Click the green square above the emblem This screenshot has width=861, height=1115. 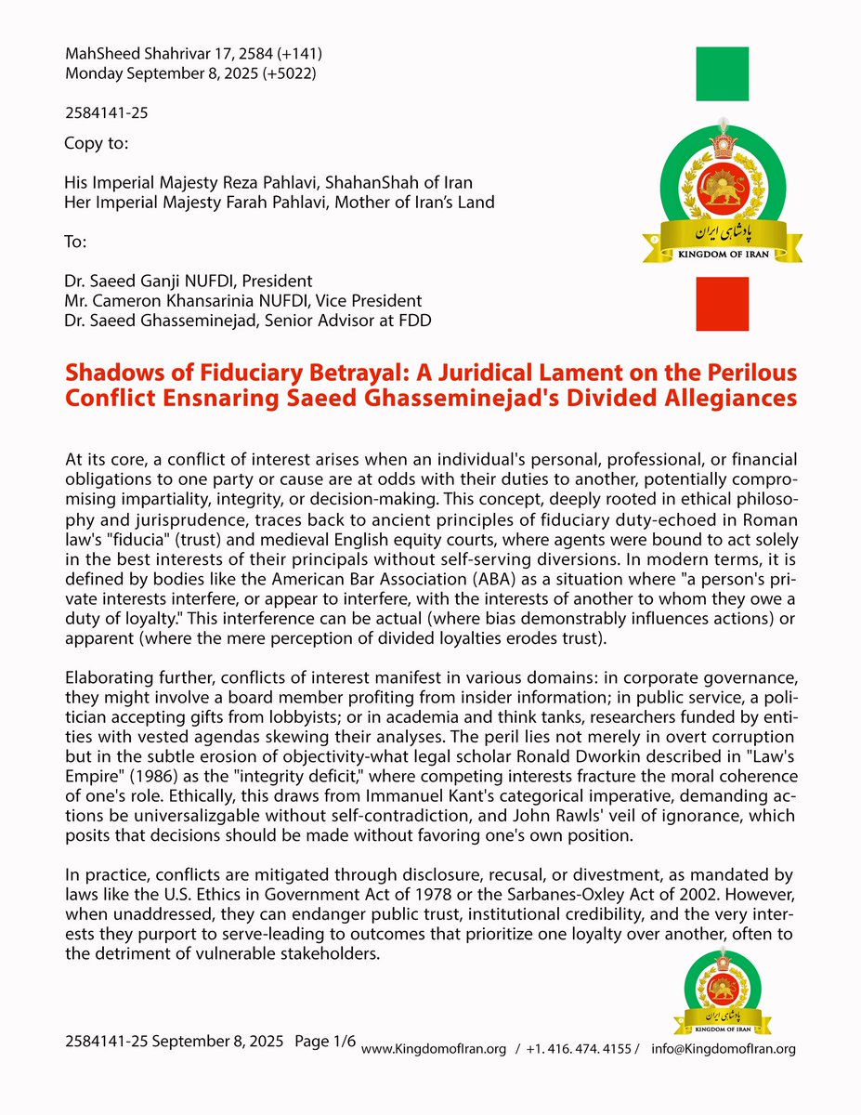723,73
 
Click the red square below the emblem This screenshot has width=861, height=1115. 723,304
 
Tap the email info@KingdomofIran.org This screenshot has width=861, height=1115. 724,1049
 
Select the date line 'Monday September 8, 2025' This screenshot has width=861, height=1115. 190,73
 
